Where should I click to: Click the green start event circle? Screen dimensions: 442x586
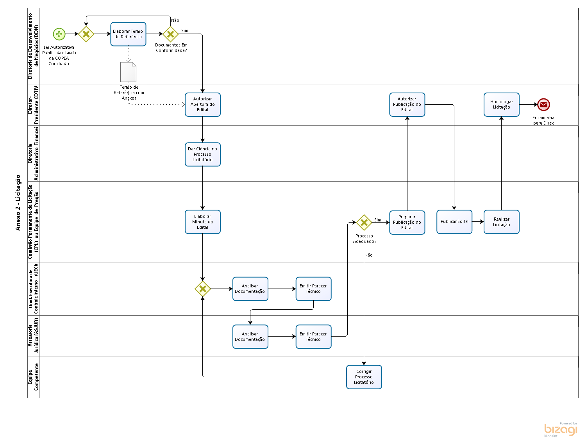(59, 34)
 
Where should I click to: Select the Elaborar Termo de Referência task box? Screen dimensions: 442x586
(128, 34)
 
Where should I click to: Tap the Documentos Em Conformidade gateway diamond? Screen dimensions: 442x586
(170, 34)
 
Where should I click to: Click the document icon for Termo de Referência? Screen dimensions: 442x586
(128, 72)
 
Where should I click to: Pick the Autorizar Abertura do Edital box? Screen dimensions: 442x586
(202, 105)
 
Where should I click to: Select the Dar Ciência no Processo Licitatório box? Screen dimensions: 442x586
(202, 154)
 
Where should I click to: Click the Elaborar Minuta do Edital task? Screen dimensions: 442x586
(202, 222)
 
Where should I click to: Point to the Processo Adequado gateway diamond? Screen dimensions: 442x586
(364, 223)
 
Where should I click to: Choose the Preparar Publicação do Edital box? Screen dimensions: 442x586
(407, 222)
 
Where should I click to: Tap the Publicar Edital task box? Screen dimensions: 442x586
(454, 222)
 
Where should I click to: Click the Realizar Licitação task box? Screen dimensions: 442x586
(501, 222)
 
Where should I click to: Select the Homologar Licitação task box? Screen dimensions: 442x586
(501, 105)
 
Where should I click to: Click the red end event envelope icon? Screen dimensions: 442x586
(543, 105)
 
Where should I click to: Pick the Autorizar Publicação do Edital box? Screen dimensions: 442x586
(407, 105)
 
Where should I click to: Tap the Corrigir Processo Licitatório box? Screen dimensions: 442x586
(364, 377)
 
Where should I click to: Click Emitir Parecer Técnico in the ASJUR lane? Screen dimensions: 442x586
(313, 337)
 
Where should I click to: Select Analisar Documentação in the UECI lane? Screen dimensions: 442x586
(250, 289)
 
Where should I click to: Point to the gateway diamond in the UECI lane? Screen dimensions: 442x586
(202, 289)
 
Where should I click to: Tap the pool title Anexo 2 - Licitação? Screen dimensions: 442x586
(18, 203)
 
